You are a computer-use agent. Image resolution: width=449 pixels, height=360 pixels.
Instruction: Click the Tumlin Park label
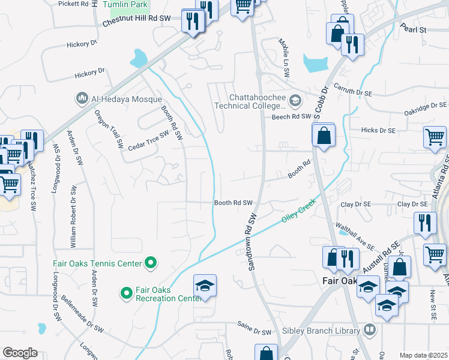point(124,5)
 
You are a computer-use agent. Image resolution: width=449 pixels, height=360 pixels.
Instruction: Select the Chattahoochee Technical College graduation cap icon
point(295,100)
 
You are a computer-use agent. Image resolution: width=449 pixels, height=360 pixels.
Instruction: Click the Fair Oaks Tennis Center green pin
point(151,263)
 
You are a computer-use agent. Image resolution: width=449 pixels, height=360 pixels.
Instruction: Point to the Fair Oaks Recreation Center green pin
point(126,293)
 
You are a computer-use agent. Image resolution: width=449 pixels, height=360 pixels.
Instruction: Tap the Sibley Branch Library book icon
point(370,330)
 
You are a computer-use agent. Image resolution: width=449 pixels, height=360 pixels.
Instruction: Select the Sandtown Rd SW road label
point(252,241)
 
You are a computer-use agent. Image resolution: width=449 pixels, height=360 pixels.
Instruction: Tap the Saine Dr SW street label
point(254,331)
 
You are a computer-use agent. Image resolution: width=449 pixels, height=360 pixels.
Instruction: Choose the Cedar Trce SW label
point(148,142)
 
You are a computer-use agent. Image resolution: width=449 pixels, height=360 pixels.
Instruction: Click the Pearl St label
point(414,29)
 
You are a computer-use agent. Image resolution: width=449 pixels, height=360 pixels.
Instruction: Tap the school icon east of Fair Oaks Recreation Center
point(205,285)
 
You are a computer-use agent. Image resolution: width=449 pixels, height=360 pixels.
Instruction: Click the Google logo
point(20,353)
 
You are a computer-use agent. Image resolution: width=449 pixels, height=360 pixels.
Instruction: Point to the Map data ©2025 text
point(423,355)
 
